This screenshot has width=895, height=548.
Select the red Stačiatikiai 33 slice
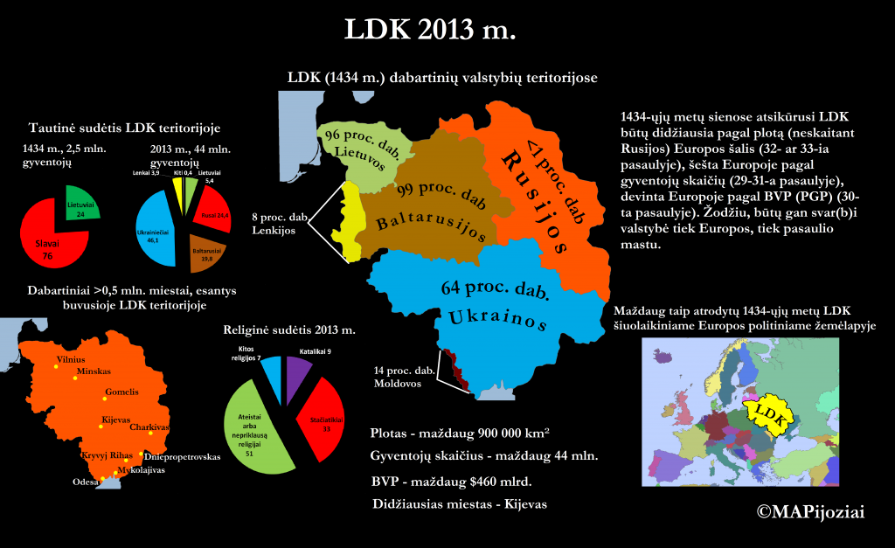pyautogui.click(x=320, y=420)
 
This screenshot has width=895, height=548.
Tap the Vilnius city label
pyautogui.click(x=71, y=359)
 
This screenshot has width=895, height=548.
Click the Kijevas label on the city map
pyautogui.click(x=116, y=420)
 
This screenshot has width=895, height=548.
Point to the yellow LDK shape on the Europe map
pyautogui.click(x=770, y=411)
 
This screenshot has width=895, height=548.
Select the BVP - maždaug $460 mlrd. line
pyautogui.click(x=452, y=481)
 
